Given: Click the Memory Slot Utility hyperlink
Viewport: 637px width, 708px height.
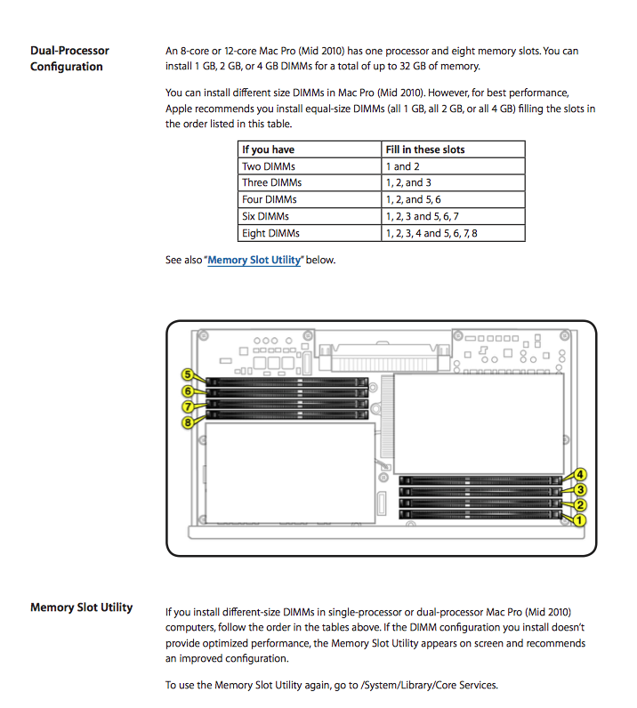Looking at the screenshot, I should (x=254, y=261).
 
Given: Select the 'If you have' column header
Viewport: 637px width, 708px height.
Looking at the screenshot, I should (x=268, y=149).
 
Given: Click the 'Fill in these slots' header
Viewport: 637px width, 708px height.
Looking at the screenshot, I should (x=425, y=149).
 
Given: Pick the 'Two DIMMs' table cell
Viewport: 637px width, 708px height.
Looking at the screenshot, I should (x=270, y=166).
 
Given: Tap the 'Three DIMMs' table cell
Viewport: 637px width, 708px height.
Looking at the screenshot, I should (x=272, y=183).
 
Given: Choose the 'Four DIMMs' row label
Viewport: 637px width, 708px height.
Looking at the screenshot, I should (x=270, y=200).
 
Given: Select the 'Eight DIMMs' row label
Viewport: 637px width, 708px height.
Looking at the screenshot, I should (x=270, y=233).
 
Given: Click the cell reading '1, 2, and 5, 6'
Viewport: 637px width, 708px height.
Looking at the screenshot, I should (x=413, y=200).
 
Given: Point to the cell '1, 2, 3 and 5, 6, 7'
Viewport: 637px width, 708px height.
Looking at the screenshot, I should (x=422, y=216).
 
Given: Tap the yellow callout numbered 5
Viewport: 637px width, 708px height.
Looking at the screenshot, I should (x=188, y=375).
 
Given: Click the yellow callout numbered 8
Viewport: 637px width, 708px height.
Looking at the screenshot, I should (x=188, y=422).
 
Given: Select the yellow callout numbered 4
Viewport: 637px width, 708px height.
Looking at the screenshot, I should (x=580, y=474).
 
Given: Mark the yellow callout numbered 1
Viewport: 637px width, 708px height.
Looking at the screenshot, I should (x=580, y=520).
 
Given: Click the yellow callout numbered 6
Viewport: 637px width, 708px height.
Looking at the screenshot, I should (x=188, y=391).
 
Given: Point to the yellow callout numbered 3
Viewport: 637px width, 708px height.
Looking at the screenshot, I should (x=580, y=489).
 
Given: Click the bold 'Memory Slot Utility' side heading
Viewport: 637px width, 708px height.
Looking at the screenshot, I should (x=81, y=607).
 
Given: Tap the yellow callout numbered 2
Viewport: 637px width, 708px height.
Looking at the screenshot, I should (x=580, y=505).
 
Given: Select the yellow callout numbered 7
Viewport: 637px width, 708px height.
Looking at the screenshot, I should (x=188, y=406).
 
